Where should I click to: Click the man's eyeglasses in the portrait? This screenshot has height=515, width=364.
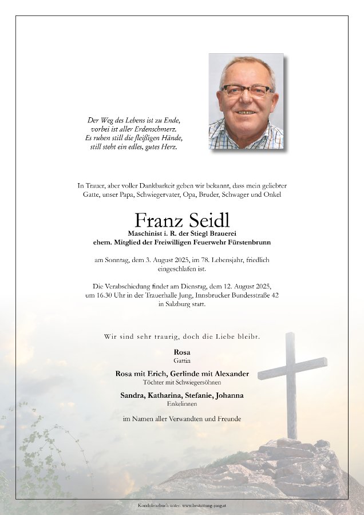pos(247,90)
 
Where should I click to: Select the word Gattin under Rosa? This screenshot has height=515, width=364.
pos(182,361)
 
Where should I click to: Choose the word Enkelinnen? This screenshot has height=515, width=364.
pos(182,404)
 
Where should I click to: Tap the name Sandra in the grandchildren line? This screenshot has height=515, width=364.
pos(132,395)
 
